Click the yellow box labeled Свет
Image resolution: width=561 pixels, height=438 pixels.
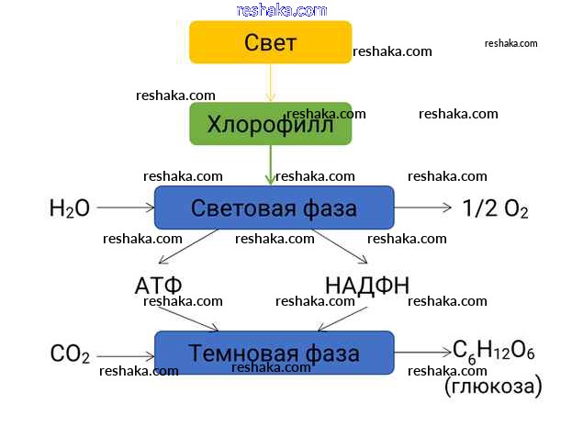[270, 42]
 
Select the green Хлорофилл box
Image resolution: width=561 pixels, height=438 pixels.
[270, 124]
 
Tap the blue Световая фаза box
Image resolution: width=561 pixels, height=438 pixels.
[274, 208]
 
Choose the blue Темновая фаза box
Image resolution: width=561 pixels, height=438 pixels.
[274, 353]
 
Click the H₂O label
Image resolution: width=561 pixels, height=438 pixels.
[69, 208]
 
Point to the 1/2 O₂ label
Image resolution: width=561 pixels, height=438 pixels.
[497, 208]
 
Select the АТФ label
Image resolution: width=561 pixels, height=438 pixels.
[159, 285]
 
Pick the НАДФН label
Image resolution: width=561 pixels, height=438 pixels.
[367, 285]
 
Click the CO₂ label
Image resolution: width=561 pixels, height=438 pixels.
[70, 354]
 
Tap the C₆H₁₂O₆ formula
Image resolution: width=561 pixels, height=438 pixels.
[494, 352]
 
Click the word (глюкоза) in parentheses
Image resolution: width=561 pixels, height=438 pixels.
[493, 387]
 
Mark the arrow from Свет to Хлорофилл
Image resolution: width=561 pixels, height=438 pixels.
[270, 83]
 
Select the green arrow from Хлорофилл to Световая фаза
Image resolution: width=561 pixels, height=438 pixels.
[270, 165]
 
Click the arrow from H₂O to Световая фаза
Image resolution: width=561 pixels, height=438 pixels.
[124, 208]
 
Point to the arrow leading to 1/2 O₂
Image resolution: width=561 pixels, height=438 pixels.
[423, 208]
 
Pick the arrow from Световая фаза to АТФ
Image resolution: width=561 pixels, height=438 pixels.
[188, 248]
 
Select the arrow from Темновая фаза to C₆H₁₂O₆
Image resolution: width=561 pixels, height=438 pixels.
[423, 353]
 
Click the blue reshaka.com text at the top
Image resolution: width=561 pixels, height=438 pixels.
[281, 10]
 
